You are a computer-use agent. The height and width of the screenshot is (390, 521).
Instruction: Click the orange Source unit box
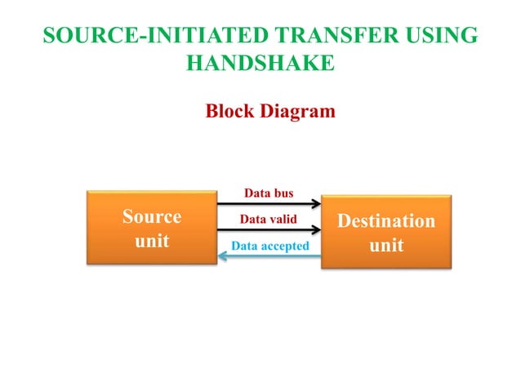click(151, 228)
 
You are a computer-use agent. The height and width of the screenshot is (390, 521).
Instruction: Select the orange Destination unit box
click(386, 232)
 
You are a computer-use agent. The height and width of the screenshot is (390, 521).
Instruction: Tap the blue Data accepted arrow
click(269, 256)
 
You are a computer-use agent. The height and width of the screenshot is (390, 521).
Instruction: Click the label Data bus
click(269, 193)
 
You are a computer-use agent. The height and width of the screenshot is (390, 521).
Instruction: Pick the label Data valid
click(268, 219)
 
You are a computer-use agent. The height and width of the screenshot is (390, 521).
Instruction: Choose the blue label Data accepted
click(269, 245)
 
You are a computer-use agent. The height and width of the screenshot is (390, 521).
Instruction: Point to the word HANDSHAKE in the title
click(260, 63)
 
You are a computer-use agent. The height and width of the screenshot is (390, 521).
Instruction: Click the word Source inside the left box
click(151, 216)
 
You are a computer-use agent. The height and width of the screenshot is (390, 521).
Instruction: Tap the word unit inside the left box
click(151, 241)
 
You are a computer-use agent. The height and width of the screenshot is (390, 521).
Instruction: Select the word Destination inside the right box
click(386, 220)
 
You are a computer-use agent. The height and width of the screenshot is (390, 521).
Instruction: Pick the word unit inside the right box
click(386, 245)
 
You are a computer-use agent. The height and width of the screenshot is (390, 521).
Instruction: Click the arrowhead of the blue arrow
click(222, 256)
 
